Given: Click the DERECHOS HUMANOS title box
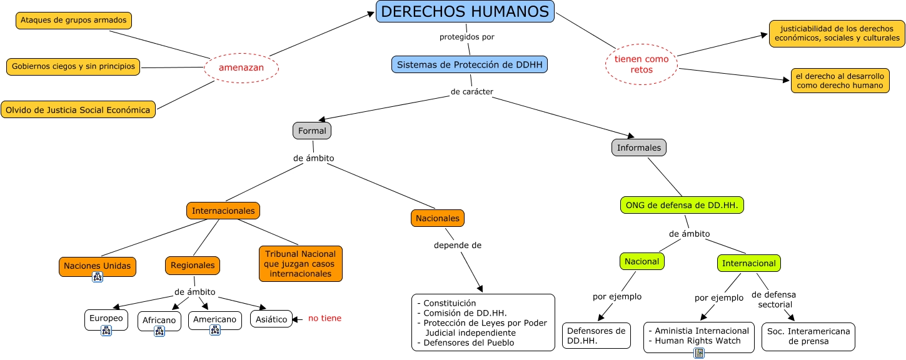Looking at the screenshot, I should (465, 12).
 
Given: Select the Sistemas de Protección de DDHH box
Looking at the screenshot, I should (470, 64).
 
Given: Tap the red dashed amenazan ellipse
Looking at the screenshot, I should (241, 67).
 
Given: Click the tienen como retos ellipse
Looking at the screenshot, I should (642, 64).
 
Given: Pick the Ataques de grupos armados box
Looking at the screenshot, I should (73, 21).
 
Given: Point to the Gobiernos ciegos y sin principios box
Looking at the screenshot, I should (73, 66).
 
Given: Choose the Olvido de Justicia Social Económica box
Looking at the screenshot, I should (78, 110).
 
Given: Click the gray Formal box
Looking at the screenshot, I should (311, 131).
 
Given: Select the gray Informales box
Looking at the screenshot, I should (638, 147).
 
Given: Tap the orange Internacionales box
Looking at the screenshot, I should (223, 211).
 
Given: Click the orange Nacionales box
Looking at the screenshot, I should (438, 218).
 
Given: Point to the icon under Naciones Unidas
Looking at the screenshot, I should (98, 277).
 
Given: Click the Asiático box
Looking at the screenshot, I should (271, 319).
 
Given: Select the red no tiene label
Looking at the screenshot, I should (325, 318).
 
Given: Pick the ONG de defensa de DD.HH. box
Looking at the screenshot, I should (682, 205).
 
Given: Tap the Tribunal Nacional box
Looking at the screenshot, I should (301, 264).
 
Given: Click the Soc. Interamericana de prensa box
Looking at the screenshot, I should (808, 336).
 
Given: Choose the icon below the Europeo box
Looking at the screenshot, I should (106, 331).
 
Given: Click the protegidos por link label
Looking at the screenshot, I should (466, 37).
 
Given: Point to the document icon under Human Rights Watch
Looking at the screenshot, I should (699, 353).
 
